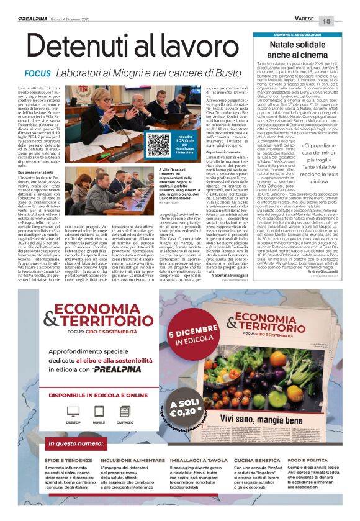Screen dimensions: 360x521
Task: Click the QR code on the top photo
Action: [156, 142]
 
